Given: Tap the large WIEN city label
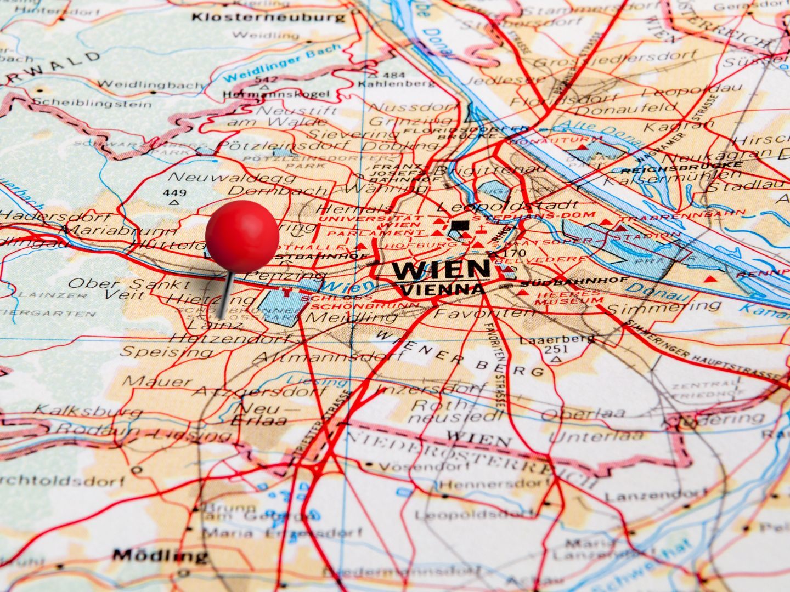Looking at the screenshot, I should coord(441,270).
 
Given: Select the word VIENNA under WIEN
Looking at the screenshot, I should coord(442,289).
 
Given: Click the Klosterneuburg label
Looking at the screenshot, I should coord(269,18).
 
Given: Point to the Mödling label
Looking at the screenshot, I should coord(160,555).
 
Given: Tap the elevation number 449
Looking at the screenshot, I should coord(174,193).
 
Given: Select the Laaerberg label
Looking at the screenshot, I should coord(557,339).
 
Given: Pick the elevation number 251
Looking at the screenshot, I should coord(556,349).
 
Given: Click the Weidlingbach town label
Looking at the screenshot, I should coord(151,84).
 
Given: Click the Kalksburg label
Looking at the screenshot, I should coord(81,411).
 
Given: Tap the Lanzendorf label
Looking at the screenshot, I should coord(647,497).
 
